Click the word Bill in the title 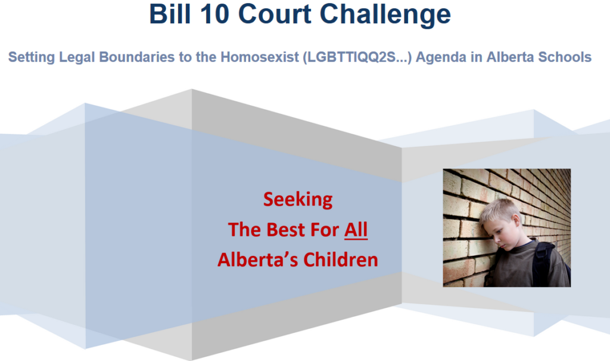[x=170, y=14]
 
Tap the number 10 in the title [x=214, y=14]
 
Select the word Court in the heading [x=274, y=14]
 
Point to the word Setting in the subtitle [x=32, y=57]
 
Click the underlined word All [x=356, y=230]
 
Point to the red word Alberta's [x=259, y=260]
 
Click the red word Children [x=341, y=260]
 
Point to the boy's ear [x=516, y=225]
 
